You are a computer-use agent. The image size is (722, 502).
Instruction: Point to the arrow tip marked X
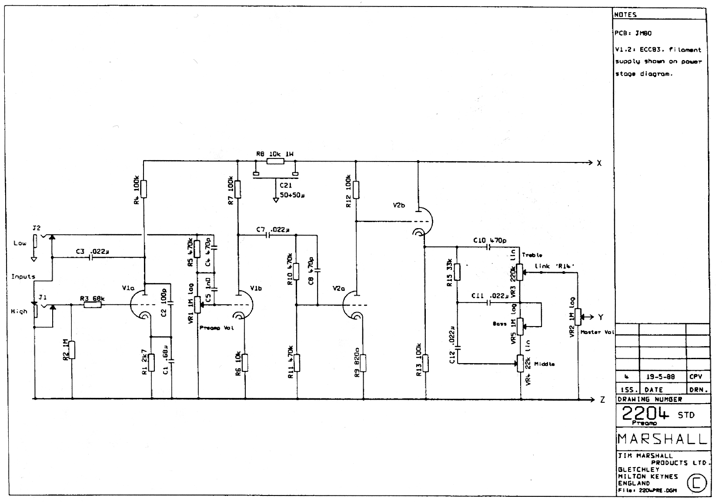(x=592, y=162)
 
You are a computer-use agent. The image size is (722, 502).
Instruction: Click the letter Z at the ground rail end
(x=602, y=400)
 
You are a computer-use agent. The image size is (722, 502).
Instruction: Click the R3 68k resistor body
(x=92, y=305)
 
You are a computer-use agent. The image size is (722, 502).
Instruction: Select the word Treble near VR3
(x=532, y=255)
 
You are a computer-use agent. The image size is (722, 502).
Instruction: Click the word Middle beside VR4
(x=544, y=364)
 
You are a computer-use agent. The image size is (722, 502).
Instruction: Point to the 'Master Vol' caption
(x=597, y=332)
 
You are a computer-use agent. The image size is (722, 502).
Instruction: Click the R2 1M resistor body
(x=72, y=350)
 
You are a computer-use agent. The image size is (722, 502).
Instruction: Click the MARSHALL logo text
(x=662, y=439)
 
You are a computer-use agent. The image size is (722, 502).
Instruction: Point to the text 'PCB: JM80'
(x=633, y=33)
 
